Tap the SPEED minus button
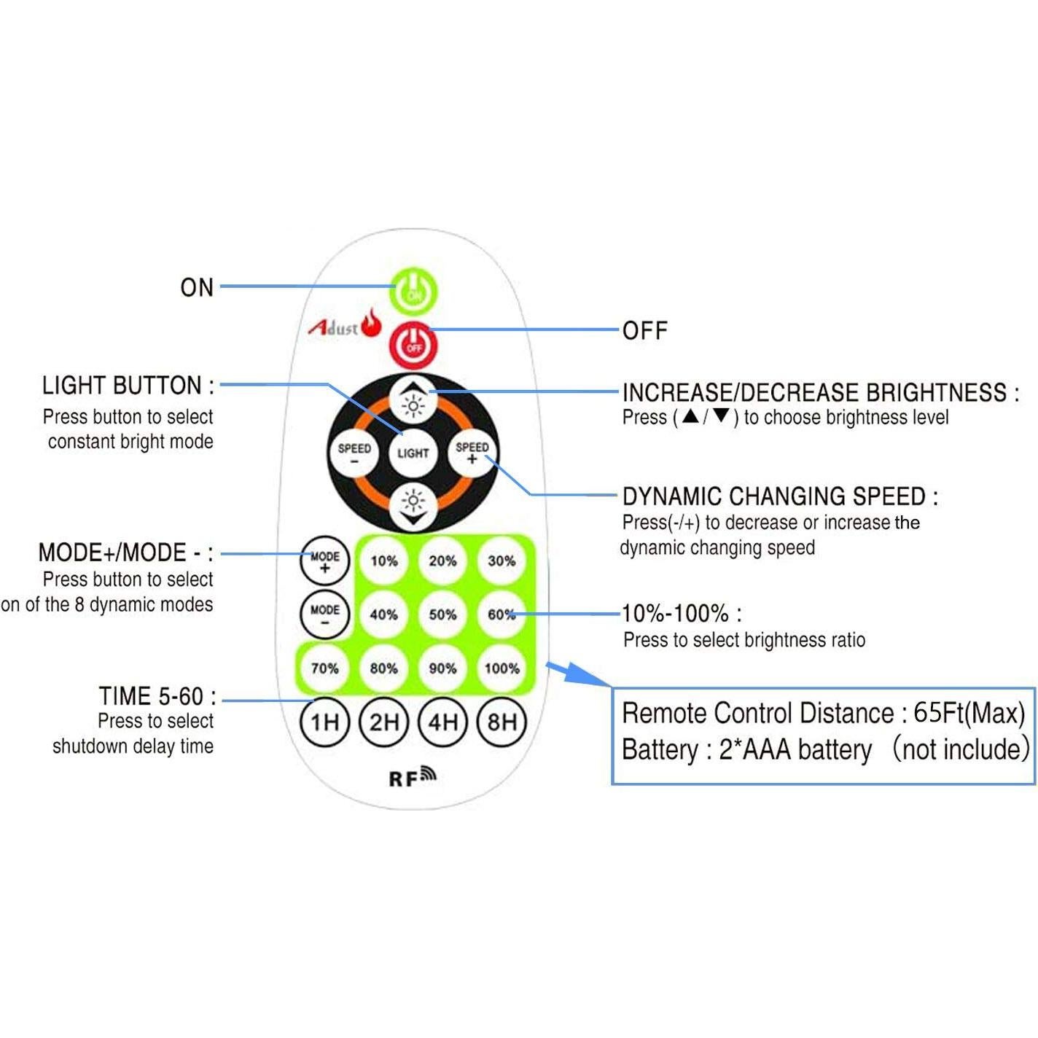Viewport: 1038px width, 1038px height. [354, 453]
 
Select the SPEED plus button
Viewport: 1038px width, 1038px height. [472, 453]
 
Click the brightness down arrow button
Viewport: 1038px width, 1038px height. [413, 505]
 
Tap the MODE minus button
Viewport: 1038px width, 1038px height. [325, 614]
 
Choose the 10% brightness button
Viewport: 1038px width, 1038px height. [383, 561]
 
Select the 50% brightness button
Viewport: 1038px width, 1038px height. [442, 614]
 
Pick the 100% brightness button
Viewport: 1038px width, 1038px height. [502, 668]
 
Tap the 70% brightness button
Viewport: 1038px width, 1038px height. [325, 668]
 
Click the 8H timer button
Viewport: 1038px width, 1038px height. [502, 722]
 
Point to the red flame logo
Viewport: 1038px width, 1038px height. [372, 322]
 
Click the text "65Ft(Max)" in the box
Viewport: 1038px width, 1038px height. [969, 713]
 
